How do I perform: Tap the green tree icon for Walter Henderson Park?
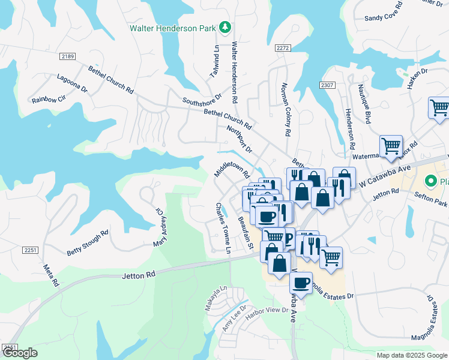point(225,27)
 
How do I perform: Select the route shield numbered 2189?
point(68,56)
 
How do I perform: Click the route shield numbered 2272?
point(283,47)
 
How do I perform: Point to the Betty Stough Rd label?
point(88,243)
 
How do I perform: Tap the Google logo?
point(19,353)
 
